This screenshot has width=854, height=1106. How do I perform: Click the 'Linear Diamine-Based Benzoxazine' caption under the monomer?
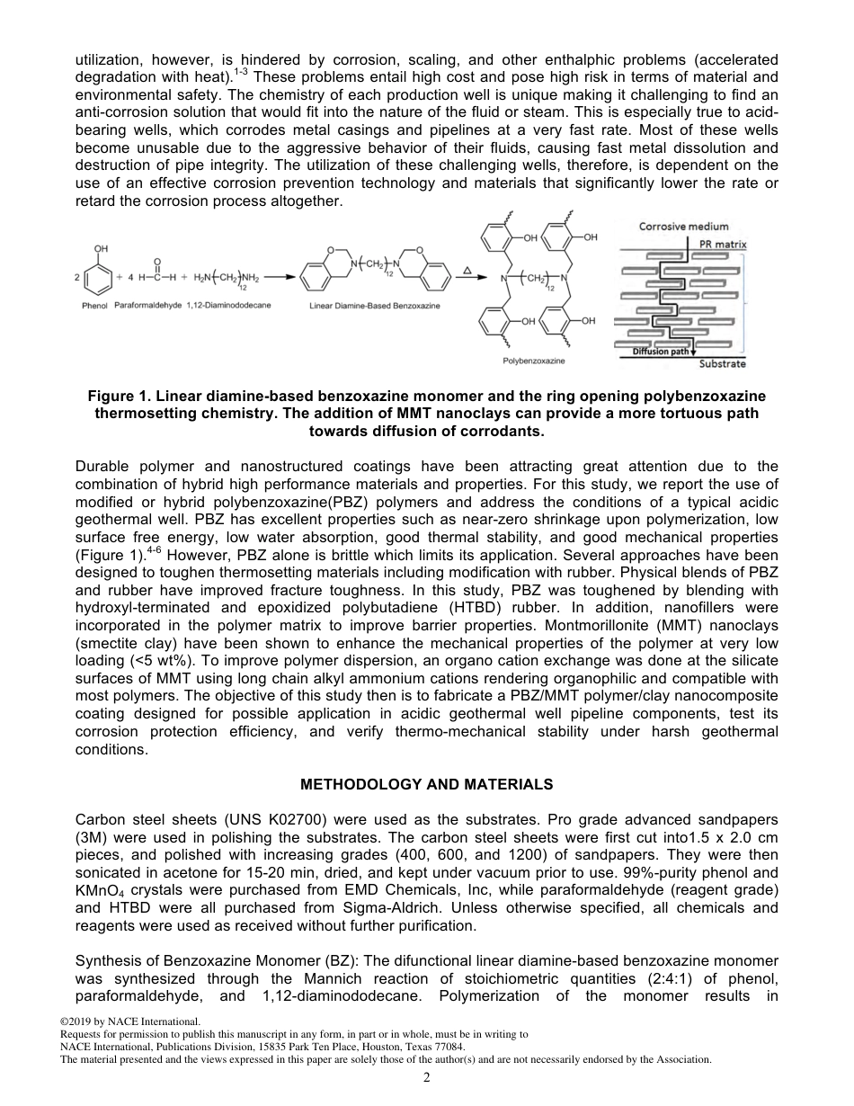[375, 307]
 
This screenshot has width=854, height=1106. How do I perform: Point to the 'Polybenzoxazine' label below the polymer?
[527, 360]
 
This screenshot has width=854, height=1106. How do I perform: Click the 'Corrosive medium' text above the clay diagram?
[683, 227]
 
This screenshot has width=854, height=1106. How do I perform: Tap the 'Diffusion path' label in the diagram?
[661, 352]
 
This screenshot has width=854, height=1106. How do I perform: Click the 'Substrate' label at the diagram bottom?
[722, 363]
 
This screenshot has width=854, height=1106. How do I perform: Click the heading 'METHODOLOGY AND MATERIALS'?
[426, 785]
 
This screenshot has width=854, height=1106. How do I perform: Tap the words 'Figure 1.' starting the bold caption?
[116, 397]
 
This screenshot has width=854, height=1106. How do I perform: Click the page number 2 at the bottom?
[427, 1078]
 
